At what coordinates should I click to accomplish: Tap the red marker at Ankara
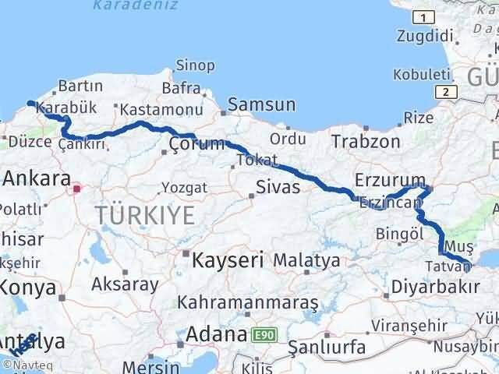point(76,188)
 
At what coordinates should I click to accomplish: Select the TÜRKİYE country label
point(145,214)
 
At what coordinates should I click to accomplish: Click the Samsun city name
point(261,104)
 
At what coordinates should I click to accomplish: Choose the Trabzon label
point(365,142)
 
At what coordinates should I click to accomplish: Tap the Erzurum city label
point(390,181)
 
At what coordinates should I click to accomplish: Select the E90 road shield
point(263,335)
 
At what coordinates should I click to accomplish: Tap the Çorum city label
point(197,144)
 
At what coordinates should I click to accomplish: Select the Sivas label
point(278,186)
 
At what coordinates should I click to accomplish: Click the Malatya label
point(306,260)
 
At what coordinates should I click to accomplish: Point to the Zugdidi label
point(424,35)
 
